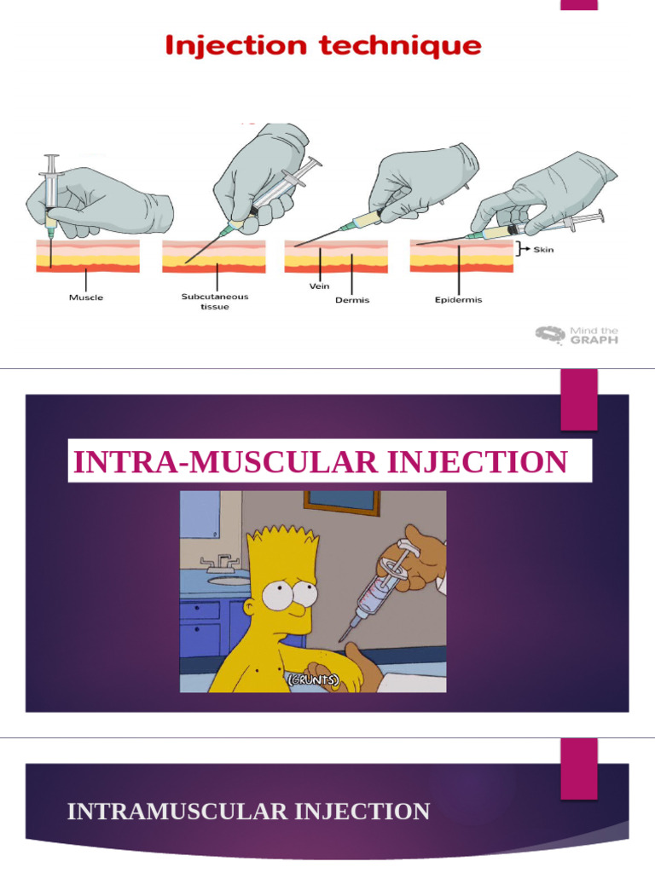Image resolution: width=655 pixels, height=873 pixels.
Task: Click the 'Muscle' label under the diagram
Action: pyautogui.click(x=86, y=298)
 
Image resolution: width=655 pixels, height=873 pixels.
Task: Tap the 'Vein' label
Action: pyautogui.click(x=319, y=287)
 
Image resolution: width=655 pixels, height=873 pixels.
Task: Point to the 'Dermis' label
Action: pyautogui.click(x=351, y=300)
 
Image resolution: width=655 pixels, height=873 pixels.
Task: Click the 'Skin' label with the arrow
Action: pyautogui.click(x=543, y=251)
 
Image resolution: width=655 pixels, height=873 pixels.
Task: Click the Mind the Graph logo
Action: pyautogui.click(x=577, y=334)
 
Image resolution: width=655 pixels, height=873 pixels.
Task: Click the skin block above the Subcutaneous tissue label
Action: pyautogui.click(x=213, y=256)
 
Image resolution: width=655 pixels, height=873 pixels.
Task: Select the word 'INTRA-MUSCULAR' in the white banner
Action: pyautogui.click(x=221, y=463)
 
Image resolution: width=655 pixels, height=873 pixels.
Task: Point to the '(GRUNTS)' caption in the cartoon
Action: pyautogui.click(x=312, y=679)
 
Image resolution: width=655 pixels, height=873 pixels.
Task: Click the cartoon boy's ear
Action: pyautogui.click(x=250, y=607)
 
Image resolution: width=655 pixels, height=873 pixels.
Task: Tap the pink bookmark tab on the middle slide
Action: pyautogui.click(x=578, y=400)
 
